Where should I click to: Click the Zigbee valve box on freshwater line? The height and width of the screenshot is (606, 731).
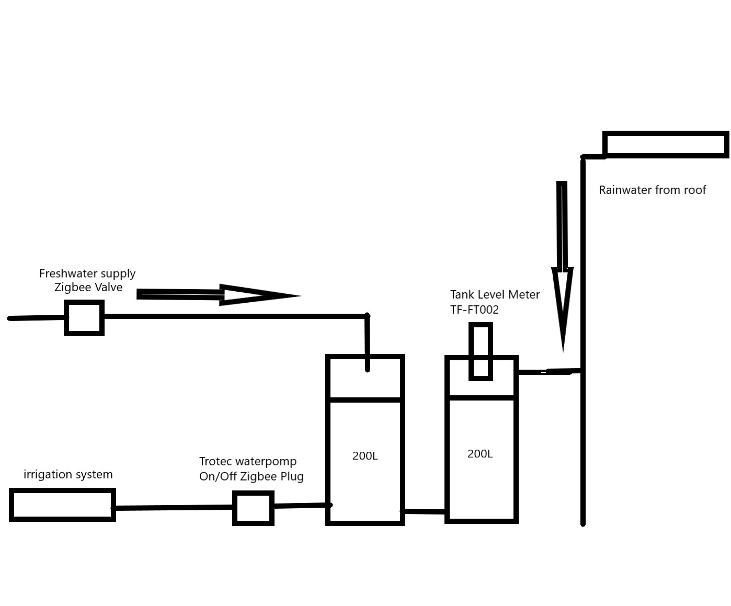click(x=84, y=317)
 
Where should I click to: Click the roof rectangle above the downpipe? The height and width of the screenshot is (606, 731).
click(x=665, y=144)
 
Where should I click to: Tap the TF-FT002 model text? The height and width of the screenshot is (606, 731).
click(x=474, y=310)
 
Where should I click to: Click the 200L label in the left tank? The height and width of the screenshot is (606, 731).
click(x=365, y=456)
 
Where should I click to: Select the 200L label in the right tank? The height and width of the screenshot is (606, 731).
click(x=480, y=454)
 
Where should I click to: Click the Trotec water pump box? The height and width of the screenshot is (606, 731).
click(x=253, y=508)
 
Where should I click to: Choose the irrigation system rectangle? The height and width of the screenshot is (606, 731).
click(x=62, y=505)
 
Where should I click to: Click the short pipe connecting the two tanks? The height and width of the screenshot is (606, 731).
click(x=424, y=511)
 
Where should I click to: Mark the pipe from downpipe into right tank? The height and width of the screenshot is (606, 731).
click(x=549, y=372)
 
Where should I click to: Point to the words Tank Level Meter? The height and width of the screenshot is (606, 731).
click(x=495, y=294)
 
